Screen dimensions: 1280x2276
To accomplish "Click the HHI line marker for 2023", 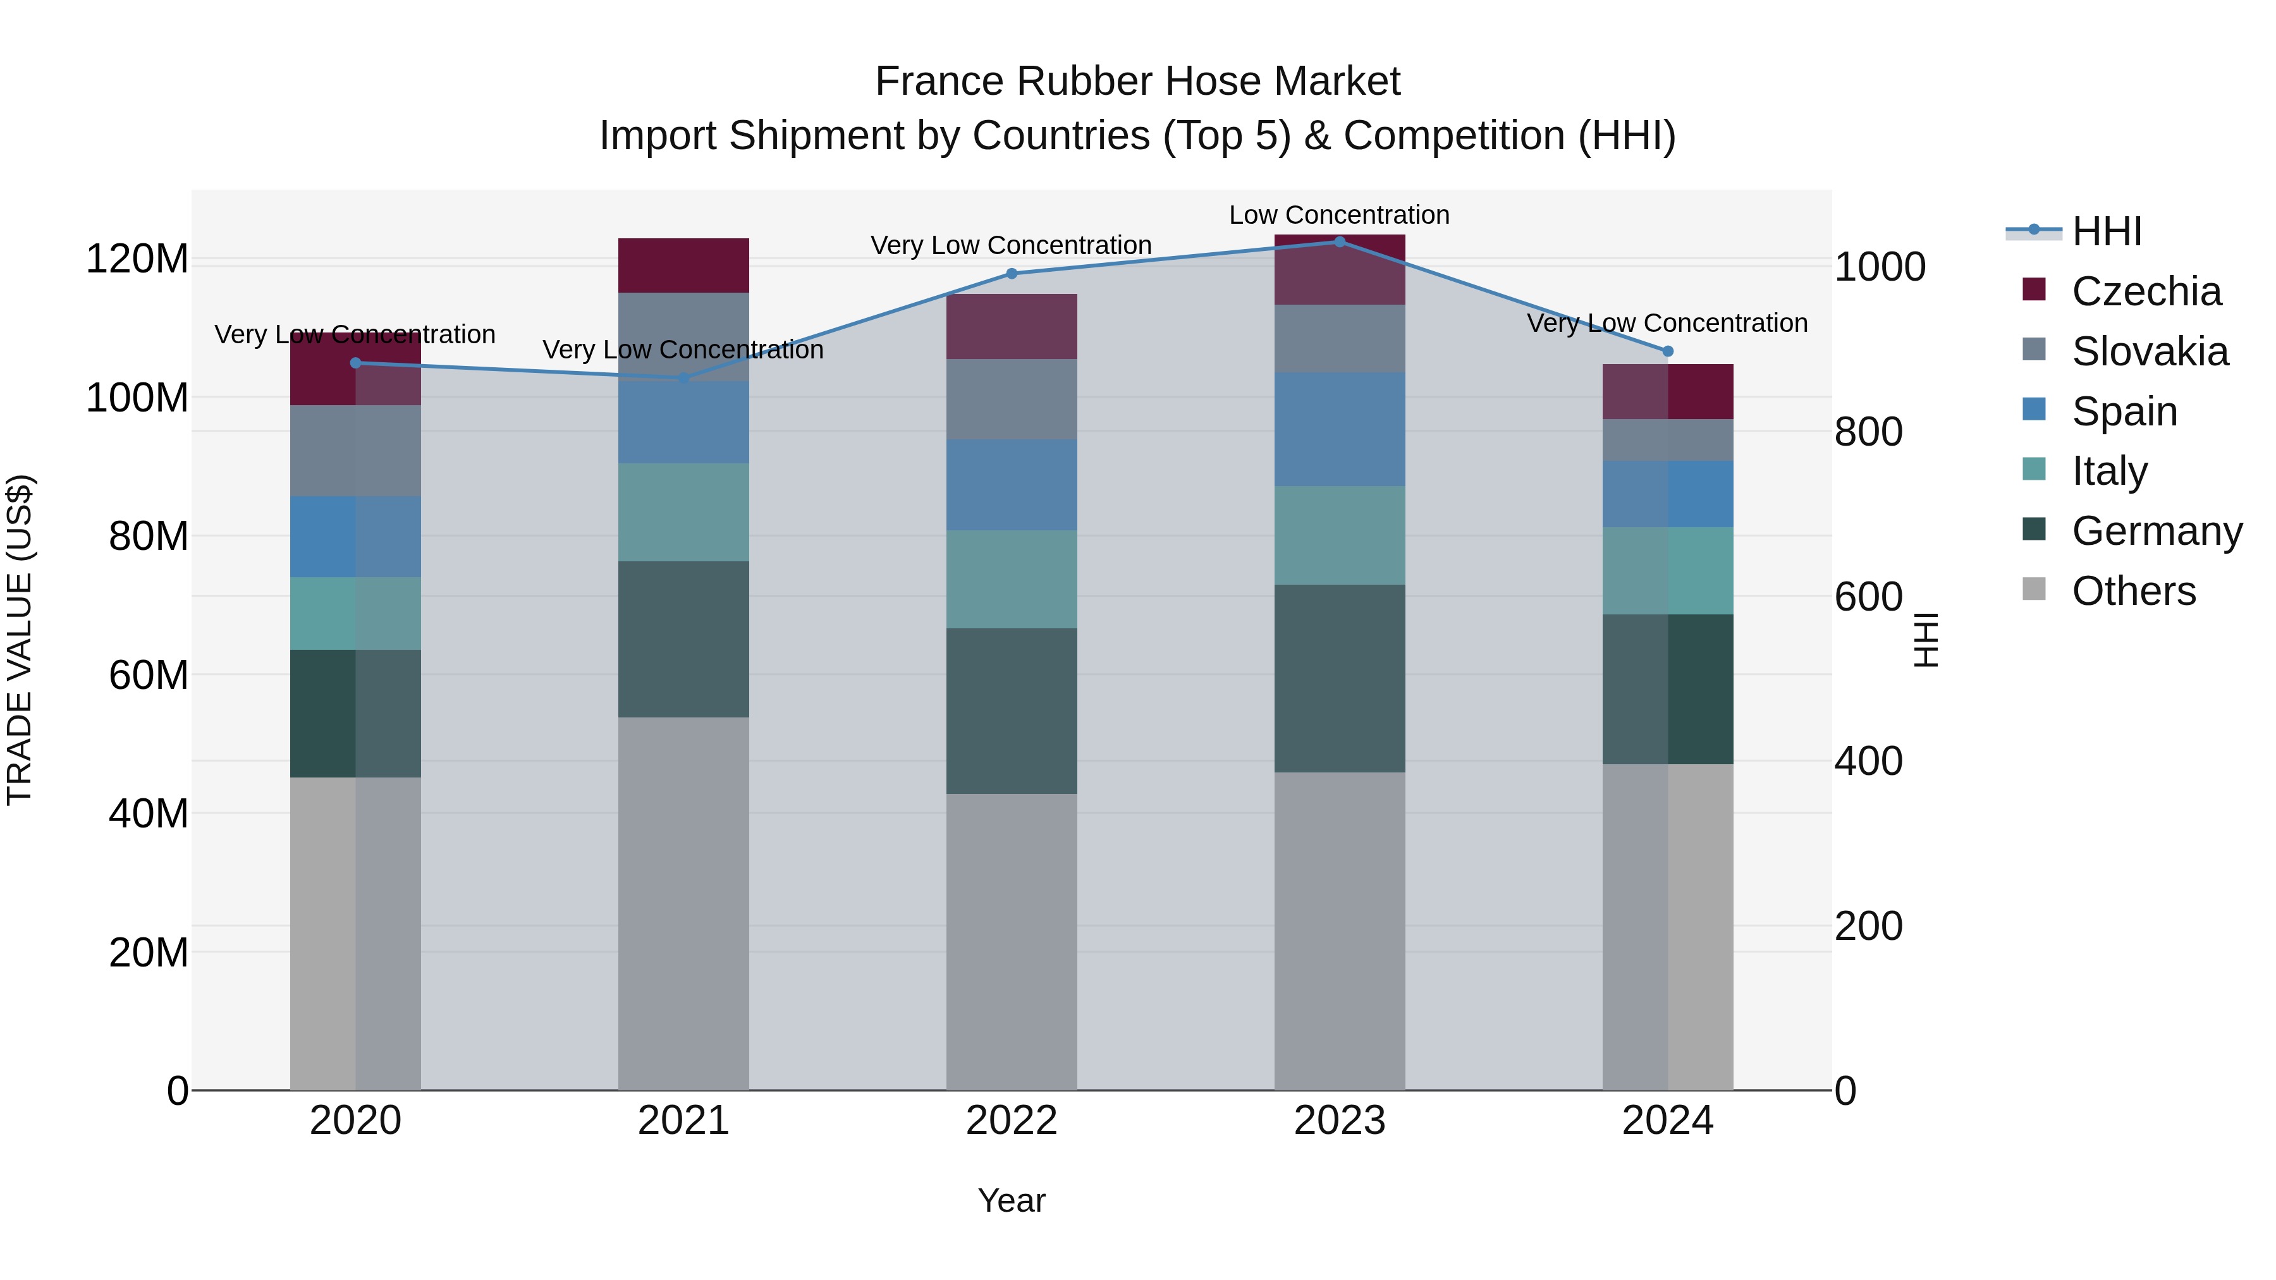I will [x=1340, y=242].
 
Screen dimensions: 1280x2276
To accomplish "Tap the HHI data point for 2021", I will [x=683, y=378].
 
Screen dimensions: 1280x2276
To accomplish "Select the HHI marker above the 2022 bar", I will [x=1012, y=274].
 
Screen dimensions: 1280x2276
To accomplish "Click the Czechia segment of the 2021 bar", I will [x=683, y=265].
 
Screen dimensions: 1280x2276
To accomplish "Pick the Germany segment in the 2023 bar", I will [x=1340, y=678].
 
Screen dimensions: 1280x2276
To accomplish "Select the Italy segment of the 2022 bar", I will [x=1012, y=580].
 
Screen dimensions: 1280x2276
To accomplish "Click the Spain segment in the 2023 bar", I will [x=1340, y=429].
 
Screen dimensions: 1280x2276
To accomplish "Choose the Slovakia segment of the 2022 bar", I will [x=1012, y=399].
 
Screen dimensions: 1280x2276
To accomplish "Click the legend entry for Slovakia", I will [x=2149, y=351].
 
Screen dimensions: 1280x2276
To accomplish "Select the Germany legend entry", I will [x=2156, y=532].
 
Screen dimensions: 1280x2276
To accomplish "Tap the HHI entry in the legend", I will [x=2107, y=231].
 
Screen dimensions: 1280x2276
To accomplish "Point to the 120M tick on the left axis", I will [x=137, y=260].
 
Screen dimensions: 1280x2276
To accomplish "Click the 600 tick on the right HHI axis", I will [x=1868, y=597].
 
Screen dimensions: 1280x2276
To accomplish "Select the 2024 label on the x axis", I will [x=1667, y=1121].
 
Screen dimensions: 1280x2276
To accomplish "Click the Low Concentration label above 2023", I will [x=1340, y=216].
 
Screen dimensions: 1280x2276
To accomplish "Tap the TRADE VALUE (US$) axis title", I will [x=20, y=640].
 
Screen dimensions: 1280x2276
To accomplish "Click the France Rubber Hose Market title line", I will [x=1137, y=82].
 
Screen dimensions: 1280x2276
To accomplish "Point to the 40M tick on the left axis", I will [x=149, y=814].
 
